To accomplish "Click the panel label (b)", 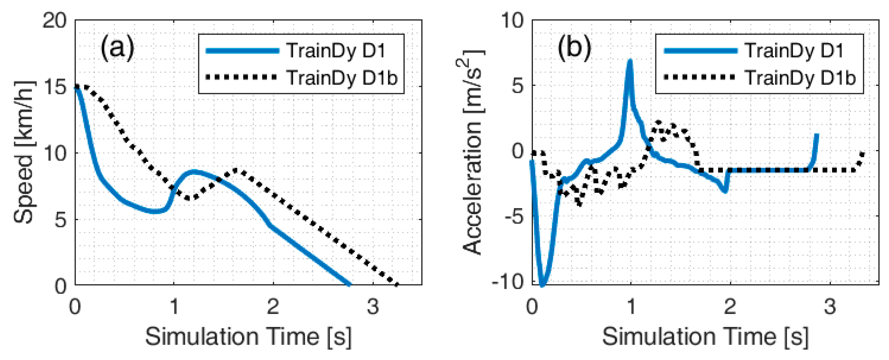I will click(x=574, y=48).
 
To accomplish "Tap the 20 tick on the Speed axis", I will click(x=54, y=21).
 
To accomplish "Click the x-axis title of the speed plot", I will click(x=248, y=336).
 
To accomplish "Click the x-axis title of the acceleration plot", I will click(x=705, y=336).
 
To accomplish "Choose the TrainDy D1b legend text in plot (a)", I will click(x=342, y=77).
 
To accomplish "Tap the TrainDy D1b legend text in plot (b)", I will click(x=800, y=77).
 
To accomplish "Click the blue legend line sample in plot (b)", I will click(x=700, y=51).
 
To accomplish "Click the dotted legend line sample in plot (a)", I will click(x=241, y=77).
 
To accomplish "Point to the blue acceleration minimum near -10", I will click(x=542, y=284).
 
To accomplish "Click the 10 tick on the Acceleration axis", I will click(x=513, y=21).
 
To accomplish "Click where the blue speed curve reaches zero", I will click(x=349, y=284).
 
